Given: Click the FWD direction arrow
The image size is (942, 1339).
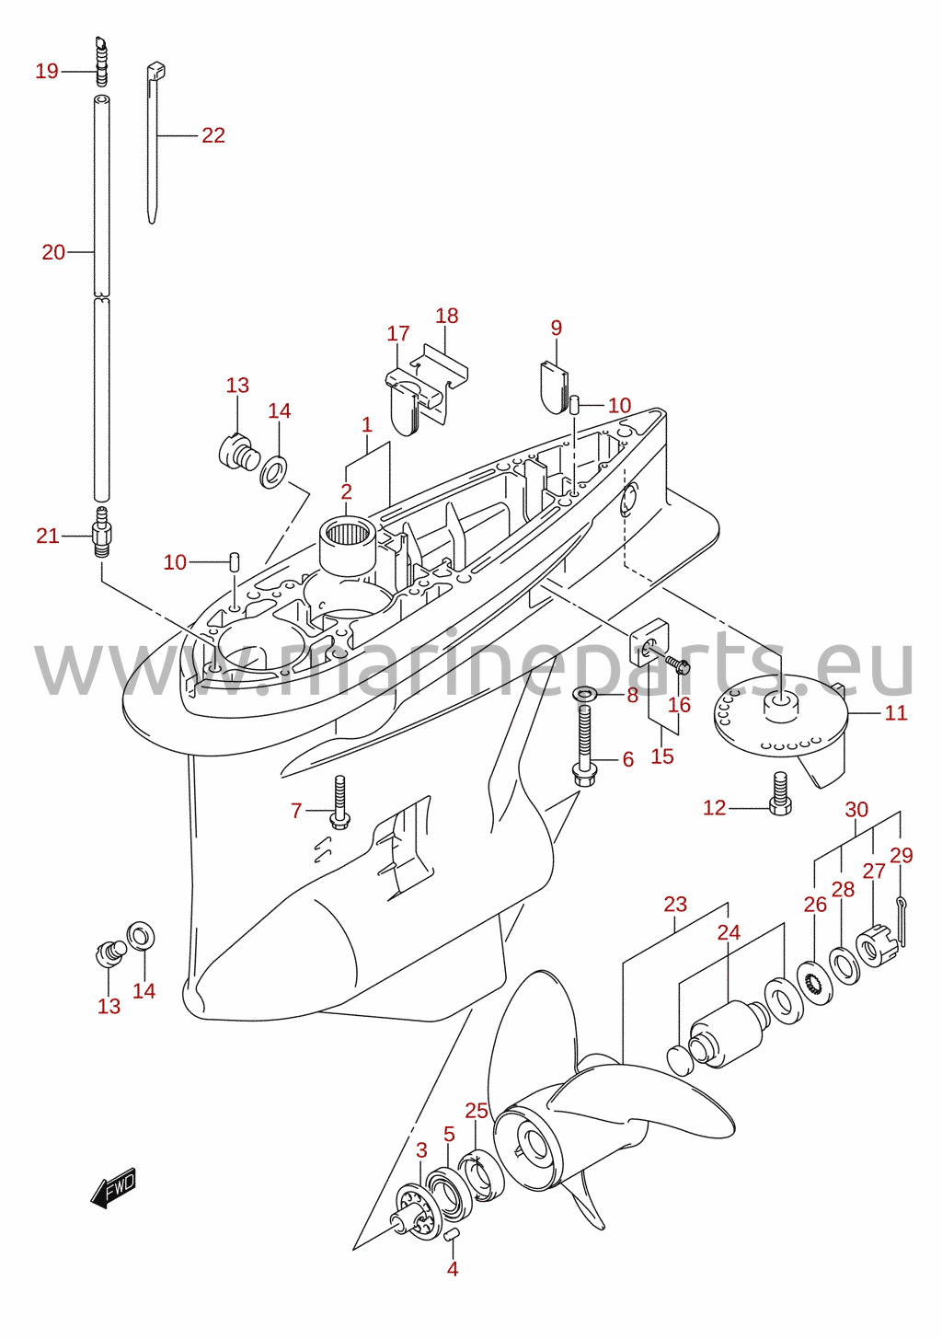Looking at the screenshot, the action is pos(113,1186).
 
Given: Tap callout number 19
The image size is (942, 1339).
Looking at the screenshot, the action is pos(47,72).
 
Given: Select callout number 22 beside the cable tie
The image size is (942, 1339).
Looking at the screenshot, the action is pos(213,135).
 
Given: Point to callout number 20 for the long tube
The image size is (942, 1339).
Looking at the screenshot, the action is pos(53,252).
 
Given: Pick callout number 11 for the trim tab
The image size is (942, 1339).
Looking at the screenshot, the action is pos(896,712).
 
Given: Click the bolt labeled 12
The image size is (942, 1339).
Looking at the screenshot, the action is pos(781,793).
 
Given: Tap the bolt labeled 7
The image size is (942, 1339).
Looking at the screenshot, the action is pos(339,802).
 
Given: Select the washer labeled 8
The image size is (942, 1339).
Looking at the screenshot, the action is pos(586,695).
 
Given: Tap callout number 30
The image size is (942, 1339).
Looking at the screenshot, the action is pos(856,809).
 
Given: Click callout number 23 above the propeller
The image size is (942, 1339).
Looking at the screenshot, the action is pos(675,904).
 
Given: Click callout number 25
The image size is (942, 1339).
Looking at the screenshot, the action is pos(477,1111).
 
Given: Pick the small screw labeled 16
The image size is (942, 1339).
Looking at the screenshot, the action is pos(677,664).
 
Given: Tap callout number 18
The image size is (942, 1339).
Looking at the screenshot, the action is pos(446,316).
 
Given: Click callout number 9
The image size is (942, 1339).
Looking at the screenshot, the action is pos(556,328).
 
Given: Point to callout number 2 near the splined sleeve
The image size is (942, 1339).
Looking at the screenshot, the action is pos(347,492).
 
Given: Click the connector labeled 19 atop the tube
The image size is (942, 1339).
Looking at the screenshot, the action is pos(101,63).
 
